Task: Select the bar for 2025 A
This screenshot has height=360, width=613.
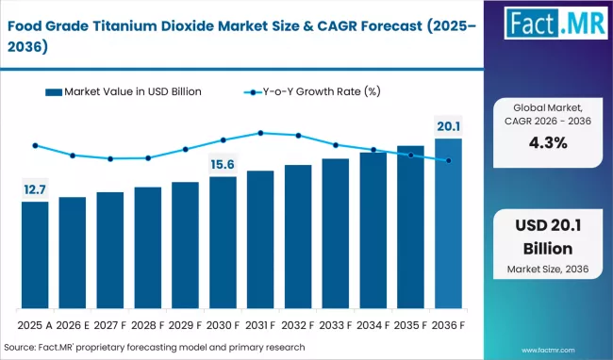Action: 35,254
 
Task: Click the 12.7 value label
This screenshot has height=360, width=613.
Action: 35,190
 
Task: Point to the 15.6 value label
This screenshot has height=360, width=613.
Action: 223,165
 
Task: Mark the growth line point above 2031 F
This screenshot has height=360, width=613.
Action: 260,133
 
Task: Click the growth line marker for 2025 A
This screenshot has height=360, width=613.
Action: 35,146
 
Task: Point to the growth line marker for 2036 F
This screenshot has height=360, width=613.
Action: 448,161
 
